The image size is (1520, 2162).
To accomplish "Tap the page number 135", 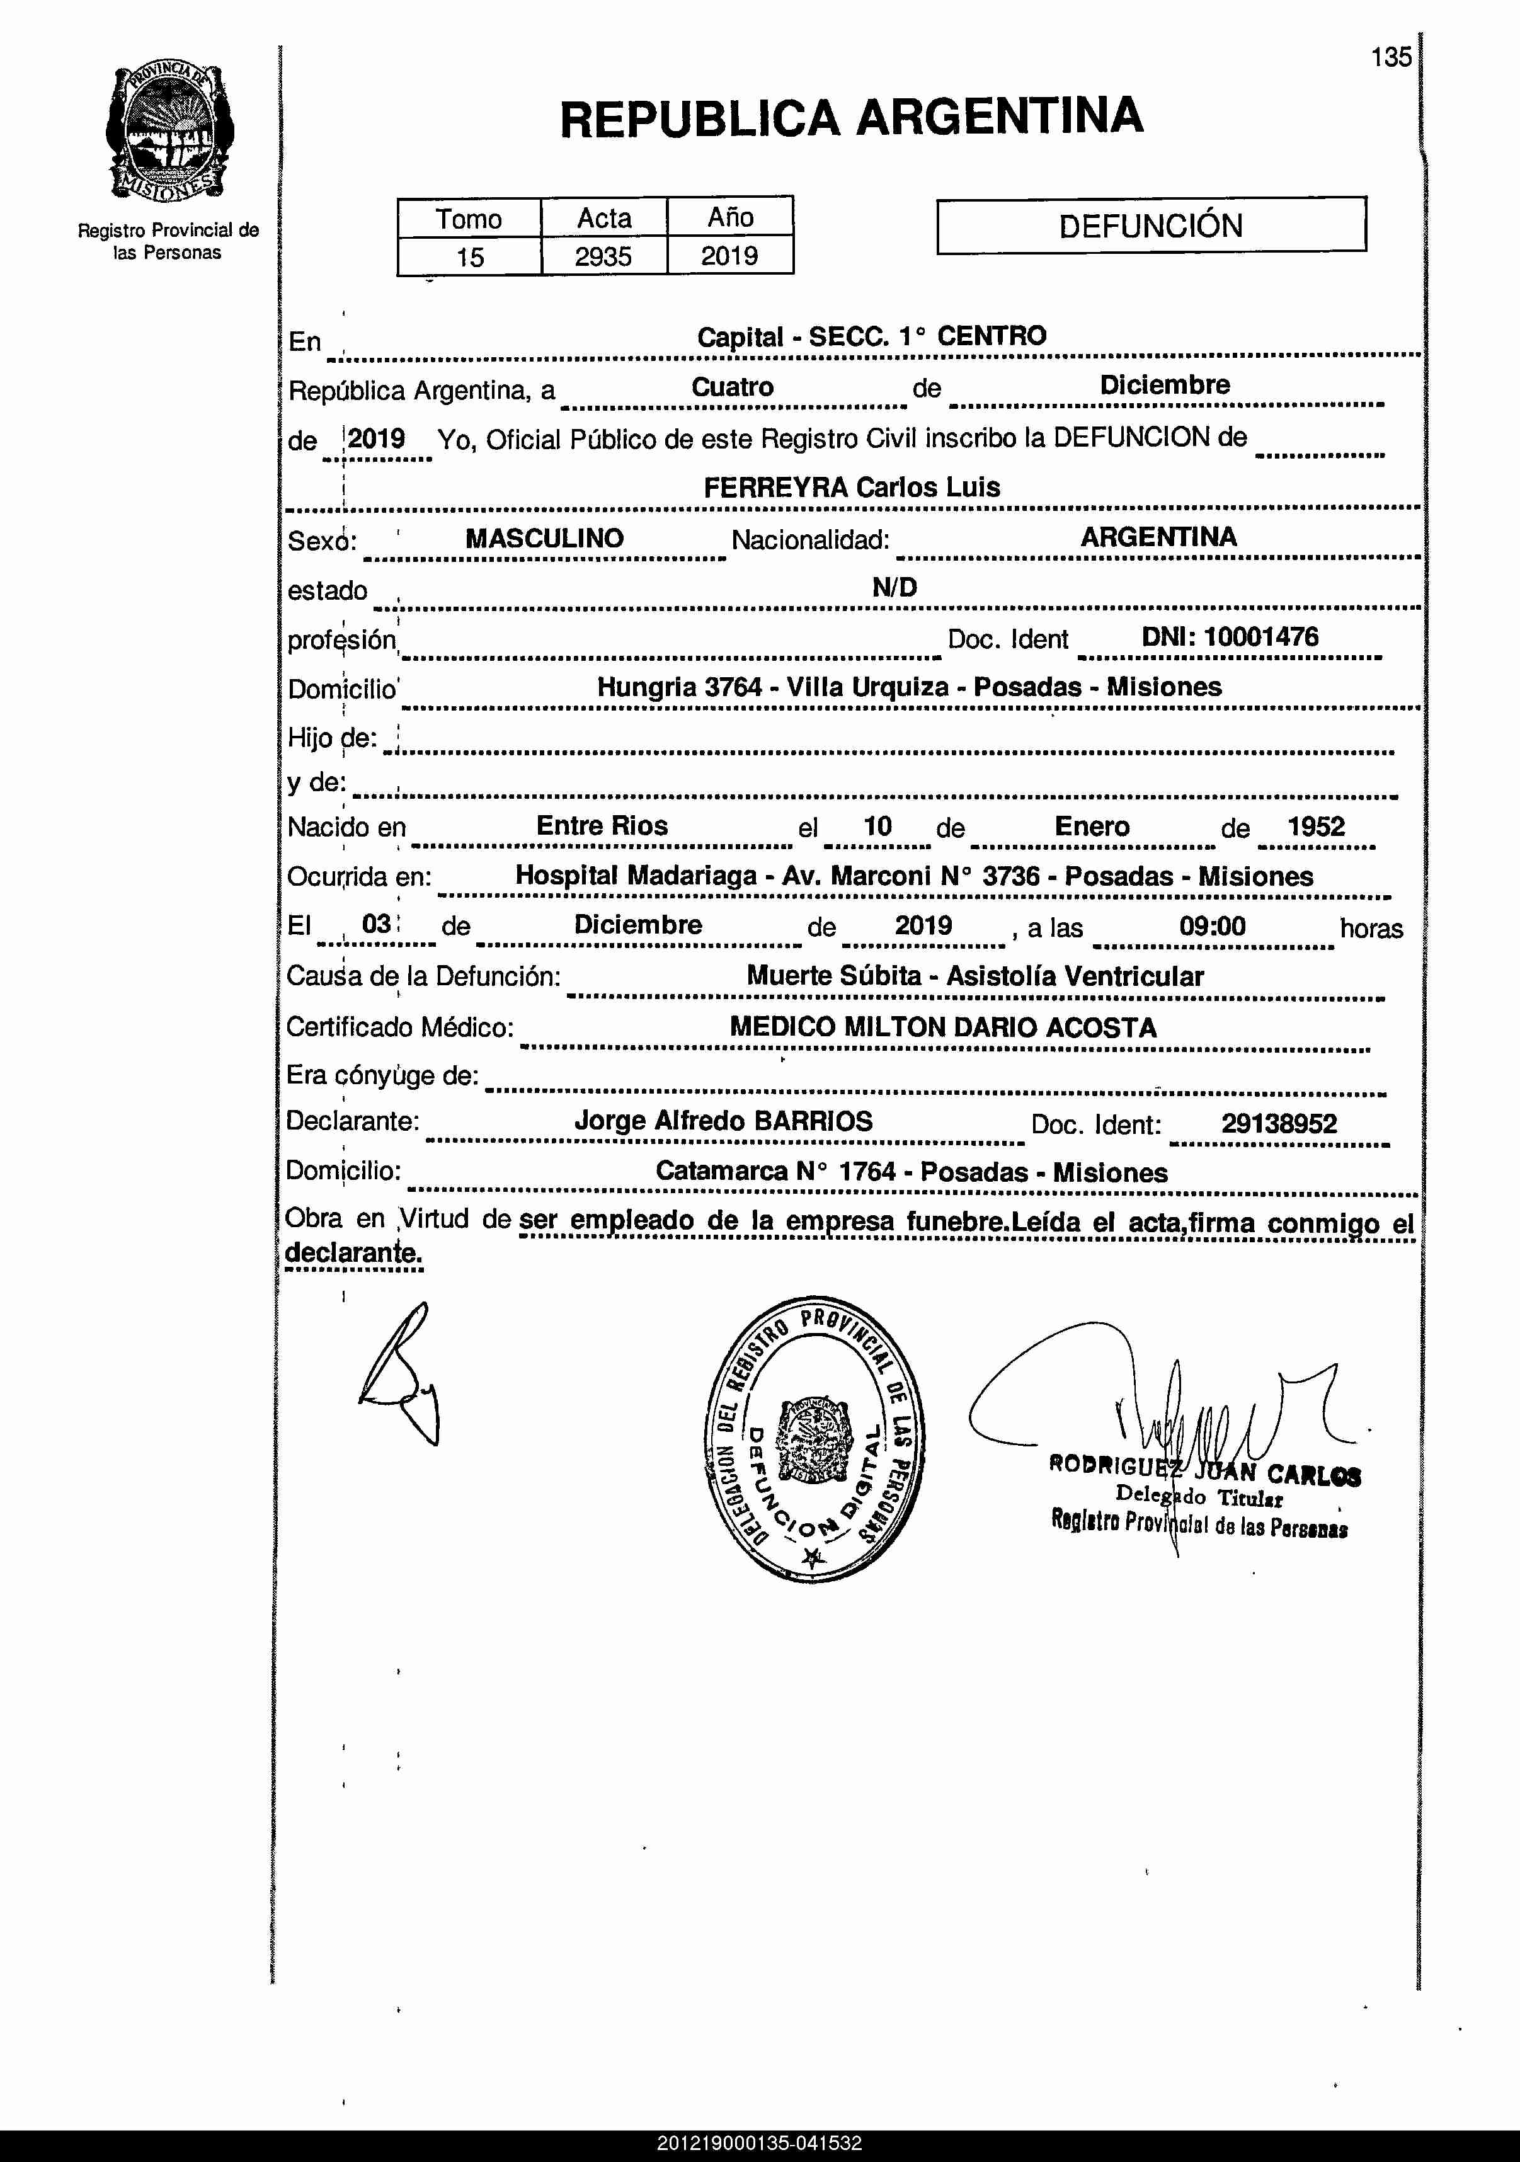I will pos(1391,57).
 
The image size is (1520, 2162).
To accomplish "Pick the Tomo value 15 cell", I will pos(469,256).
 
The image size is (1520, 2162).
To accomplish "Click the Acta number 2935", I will pos(603,256).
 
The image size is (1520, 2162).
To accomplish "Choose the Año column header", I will pos(730,217).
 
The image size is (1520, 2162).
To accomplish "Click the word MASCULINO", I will pos(544,539).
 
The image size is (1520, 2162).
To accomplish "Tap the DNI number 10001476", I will pos(1261,636).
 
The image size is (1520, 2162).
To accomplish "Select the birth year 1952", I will pos(1316,826).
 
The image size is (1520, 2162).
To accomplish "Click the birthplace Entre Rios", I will pos(602,826).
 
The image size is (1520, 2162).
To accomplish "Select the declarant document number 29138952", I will pos(1279,1123).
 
